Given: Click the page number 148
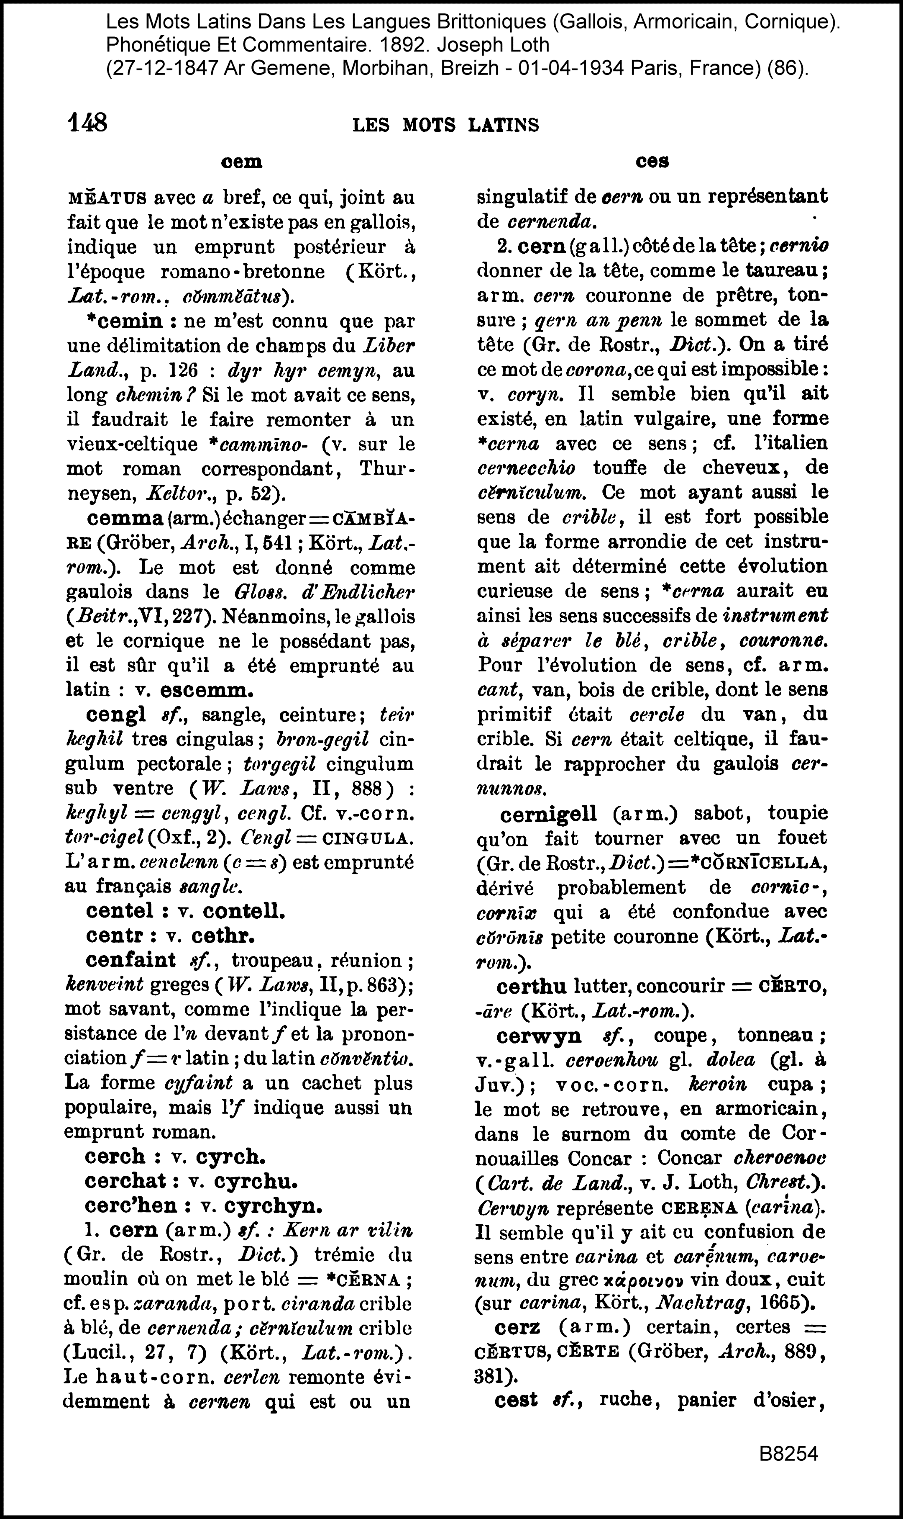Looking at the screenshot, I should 87,123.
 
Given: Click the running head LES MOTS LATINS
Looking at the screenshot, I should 445,126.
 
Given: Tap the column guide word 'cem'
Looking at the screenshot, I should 242,162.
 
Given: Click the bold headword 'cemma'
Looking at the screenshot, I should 125,518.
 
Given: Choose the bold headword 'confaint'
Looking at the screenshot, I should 131,960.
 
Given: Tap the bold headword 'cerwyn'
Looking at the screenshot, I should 539,1035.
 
